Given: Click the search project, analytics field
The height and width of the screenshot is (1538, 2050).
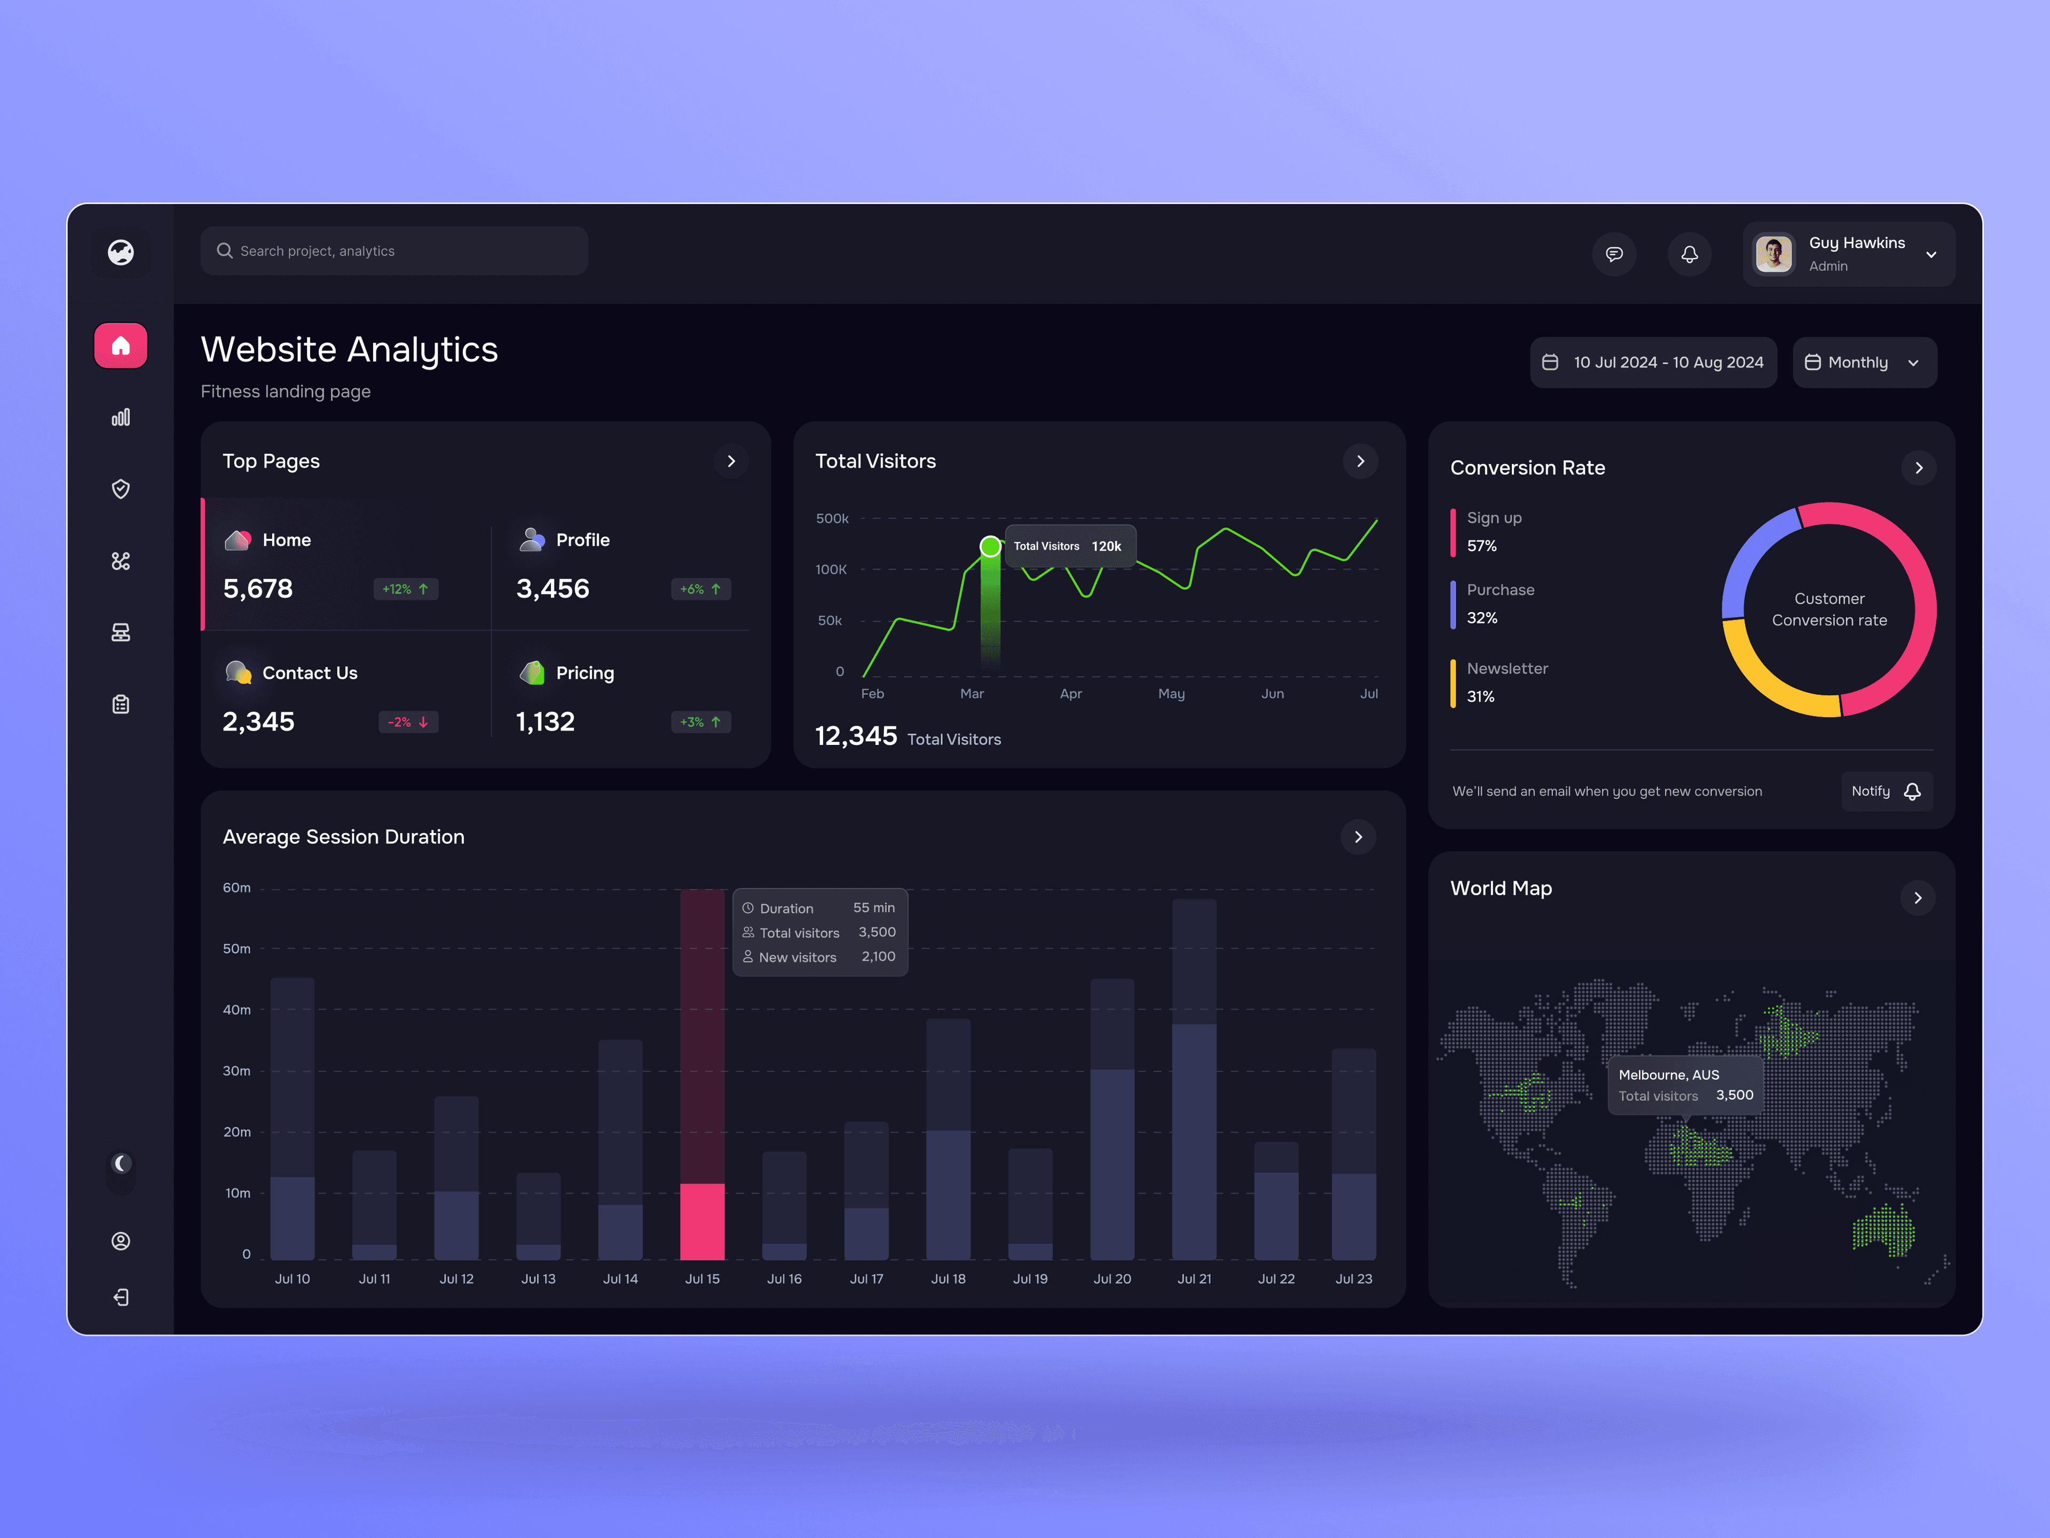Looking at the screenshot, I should pyautogui.click(x=394, y=251).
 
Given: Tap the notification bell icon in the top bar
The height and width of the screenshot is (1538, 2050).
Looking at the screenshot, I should pyautogui.click(x=1690, y=254).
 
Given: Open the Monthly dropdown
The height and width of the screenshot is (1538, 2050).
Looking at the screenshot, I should pyautogui.click(x=1864, y=363).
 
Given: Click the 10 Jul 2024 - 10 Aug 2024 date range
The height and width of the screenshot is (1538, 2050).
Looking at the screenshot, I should pyautogui.click(x=1653, y=363).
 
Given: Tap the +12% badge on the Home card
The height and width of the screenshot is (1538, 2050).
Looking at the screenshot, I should pyautogui.click(x=406, y=590).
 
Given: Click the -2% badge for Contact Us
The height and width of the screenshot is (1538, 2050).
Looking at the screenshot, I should pyautogui.click(x=408, y=722).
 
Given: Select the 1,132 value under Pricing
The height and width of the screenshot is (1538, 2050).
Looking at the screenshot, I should pyautogui.click(x=545, y=722).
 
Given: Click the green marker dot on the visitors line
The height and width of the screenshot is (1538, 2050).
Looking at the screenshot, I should pyautogui.click(x=990, y=546).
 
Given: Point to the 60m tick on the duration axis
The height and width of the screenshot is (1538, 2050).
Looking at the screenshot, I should pyautogui.click(x=236, y=888).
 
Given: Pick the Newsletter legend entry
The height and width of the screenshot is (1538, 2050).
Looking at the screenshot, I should pyautogui.click(x=1507, y=669).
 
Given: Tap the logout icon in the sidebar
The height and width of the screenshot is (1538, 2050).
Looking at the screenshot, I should pyautogui.click(x=121, y=1297).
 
